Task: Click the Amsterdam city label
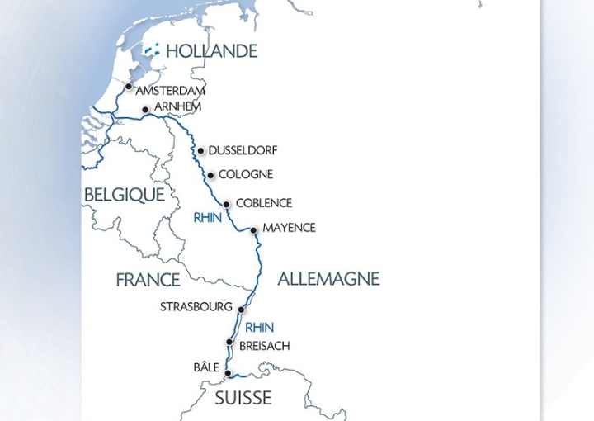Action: [171, 90]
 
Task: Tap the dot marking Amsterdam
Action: [129, 86]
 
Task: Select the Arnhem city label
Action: [177, 106]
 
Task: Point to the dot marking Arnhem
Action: [145, 110]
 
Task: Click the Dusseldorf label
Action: [243, 150]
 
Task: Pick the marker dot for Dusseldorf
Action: [200, 150]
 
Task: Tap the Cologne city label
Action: [246, 175]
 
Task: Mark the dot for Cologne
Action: [211, 175]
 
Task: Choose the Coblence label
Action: [264, 203]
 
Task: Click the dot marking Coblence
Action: [226, 204]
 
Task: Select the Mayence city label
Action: [289, 228]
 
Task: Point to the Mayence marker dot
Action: [253, 230]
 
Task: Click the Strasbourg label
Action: [196, 307]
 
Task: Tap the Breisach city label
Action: [264, 346]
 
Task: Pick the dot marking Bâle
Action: [227, 372]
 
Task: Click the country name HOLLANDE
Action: [211, 51]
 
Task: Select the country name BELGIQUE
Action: [124, 195]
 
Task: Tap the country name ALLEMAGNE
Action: [328, 279]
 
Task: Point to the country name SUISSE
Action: [243, 398]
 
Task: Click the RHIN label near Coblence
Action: [207, 219]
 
